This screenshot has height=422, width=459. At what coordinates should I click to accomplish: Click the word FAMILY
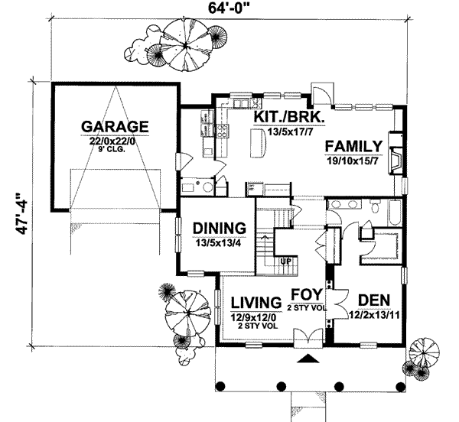(353, 146)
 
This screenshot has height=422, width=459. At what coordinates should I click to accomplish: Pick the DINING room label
(219, 228)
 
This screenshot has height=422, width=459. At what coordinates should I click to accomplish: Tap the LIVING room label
(255, 300)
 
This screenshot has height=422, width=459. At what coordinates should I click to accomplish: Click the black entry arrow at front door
(308, 359)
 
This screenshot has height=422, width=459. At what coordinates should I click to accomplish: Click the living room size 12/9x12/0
(255, 315)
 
